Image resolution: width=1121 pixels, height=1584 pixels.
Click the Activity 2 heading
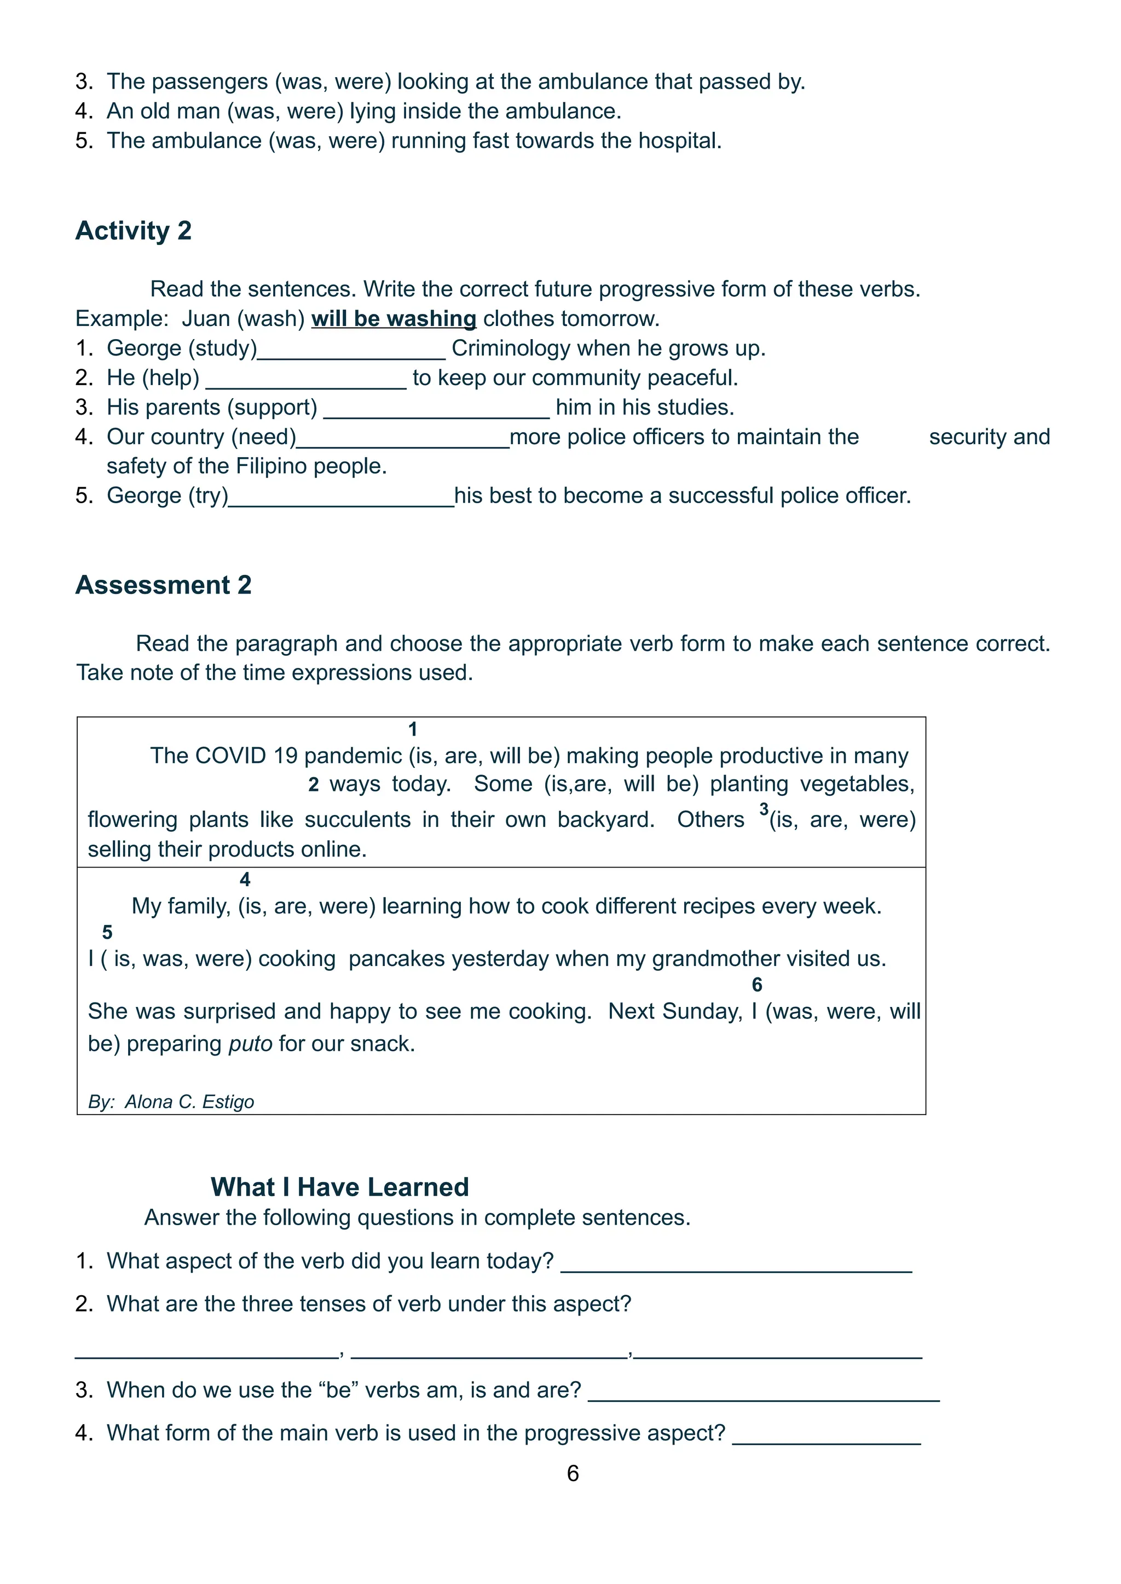coord(133,230)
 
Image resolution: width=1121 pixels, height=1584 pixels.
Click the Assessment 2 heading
coord(163,585)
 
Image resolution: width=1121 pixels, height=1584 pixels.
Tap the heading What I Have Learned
coord(339,1186)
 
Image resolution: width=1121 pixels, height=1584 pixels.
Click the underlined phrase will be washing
coord(394,319)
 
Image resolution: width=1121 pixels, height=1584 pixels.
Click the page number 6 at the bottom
coord(572,1473)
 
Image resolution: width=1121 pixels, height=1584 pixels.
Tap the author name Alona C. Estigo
coord(189,1102)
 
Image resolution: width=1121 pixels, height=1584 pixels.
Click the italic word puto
coord(251,1043)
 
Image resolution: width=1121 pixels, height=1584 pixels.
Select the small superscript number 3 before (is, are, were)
coord(764,808)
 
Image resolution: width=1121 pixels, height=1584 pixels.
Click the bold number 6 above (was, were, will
coord(756,985)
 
